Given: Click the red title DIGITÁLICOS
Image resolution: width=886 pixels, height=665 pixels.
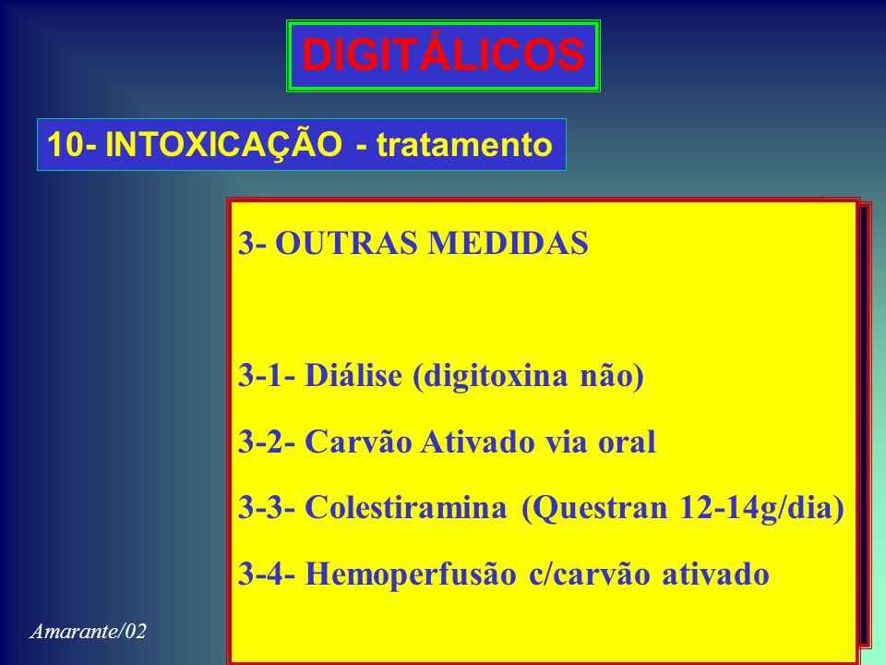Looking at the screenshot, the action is coord(443,54).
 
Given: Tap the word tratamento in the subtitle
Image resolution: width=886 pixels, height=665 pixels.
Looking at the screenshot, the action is coord(464,144).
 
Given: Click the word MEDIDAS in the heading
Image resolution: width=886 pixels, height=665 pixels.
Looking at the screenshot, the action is coord(508,244).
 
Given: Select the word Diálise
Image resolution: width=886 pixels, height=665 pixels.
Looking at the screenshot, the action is coord(353,375).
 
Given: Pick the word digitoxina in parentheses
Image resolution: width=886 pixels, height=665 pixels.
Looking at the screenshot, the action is coord(489,377).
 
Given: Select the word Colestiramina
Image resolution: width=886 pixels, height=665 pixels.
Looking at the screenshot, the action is coord(406,508).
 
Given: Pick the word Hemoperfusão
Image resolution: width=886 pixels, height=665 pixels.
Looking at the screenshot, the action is coord(411,574).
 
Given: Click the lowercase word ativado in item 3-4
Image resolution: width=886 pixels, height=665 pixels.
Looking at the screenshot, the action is coord(715,574).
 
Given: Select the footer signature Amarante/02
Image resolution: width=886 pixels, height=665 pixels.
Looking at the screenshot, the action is coord(88,631).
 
